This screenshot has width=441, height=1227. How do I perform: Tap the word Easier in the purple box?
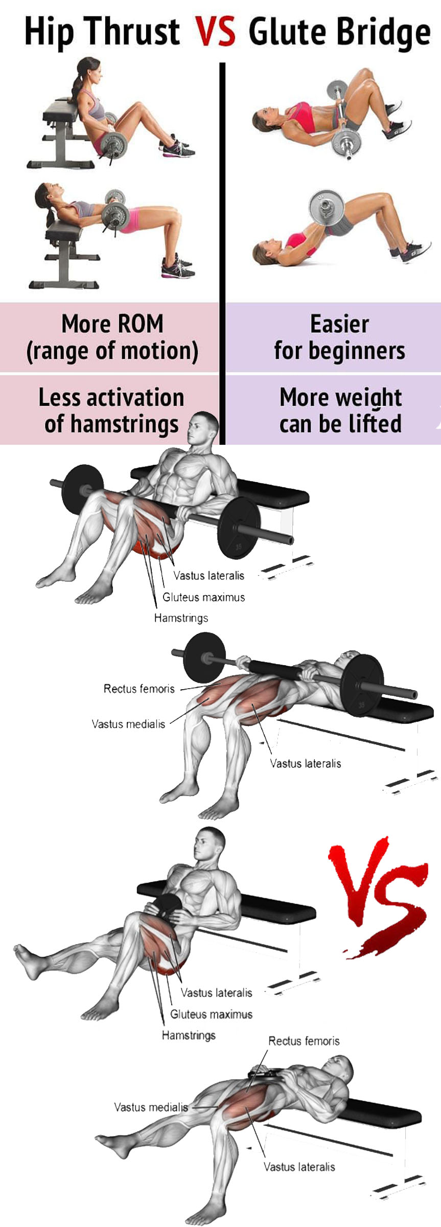(339, 324)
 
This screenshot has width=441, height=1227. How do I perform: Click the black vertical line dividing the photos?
(222, 253)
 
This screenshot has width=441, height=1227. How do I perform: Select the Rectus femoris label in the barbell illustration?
(139, 689)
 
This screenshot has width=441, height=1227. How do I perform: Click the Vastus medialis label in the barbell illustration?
(128, 724)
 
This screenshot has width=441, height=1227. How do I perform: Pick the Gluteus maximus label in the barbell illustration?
(203, 597)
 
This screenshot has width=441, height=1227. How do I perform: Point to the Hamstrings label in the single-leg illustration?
(189, 1035)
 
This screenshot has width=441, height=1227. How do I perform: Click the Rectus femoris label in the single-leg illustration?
(304, 1041)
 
